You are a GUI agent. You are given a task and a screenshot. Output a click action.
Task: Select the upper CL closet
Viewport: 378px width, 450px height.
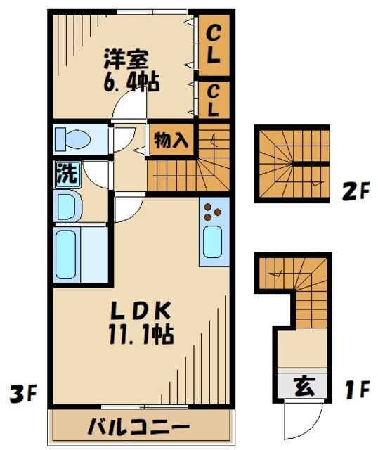[x=214, y=43]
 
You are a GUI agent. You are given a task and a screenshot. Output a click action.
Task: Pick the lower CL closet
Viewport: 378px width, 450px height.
[x=214, y=100]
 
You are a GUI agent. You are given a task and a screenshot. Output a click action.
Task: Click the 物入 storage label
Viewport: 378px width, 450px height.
[x=171, y=140]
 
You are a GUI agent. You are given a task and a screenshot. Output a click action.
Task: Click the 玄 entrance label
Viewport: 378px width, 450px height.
[x=302, y=386]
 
